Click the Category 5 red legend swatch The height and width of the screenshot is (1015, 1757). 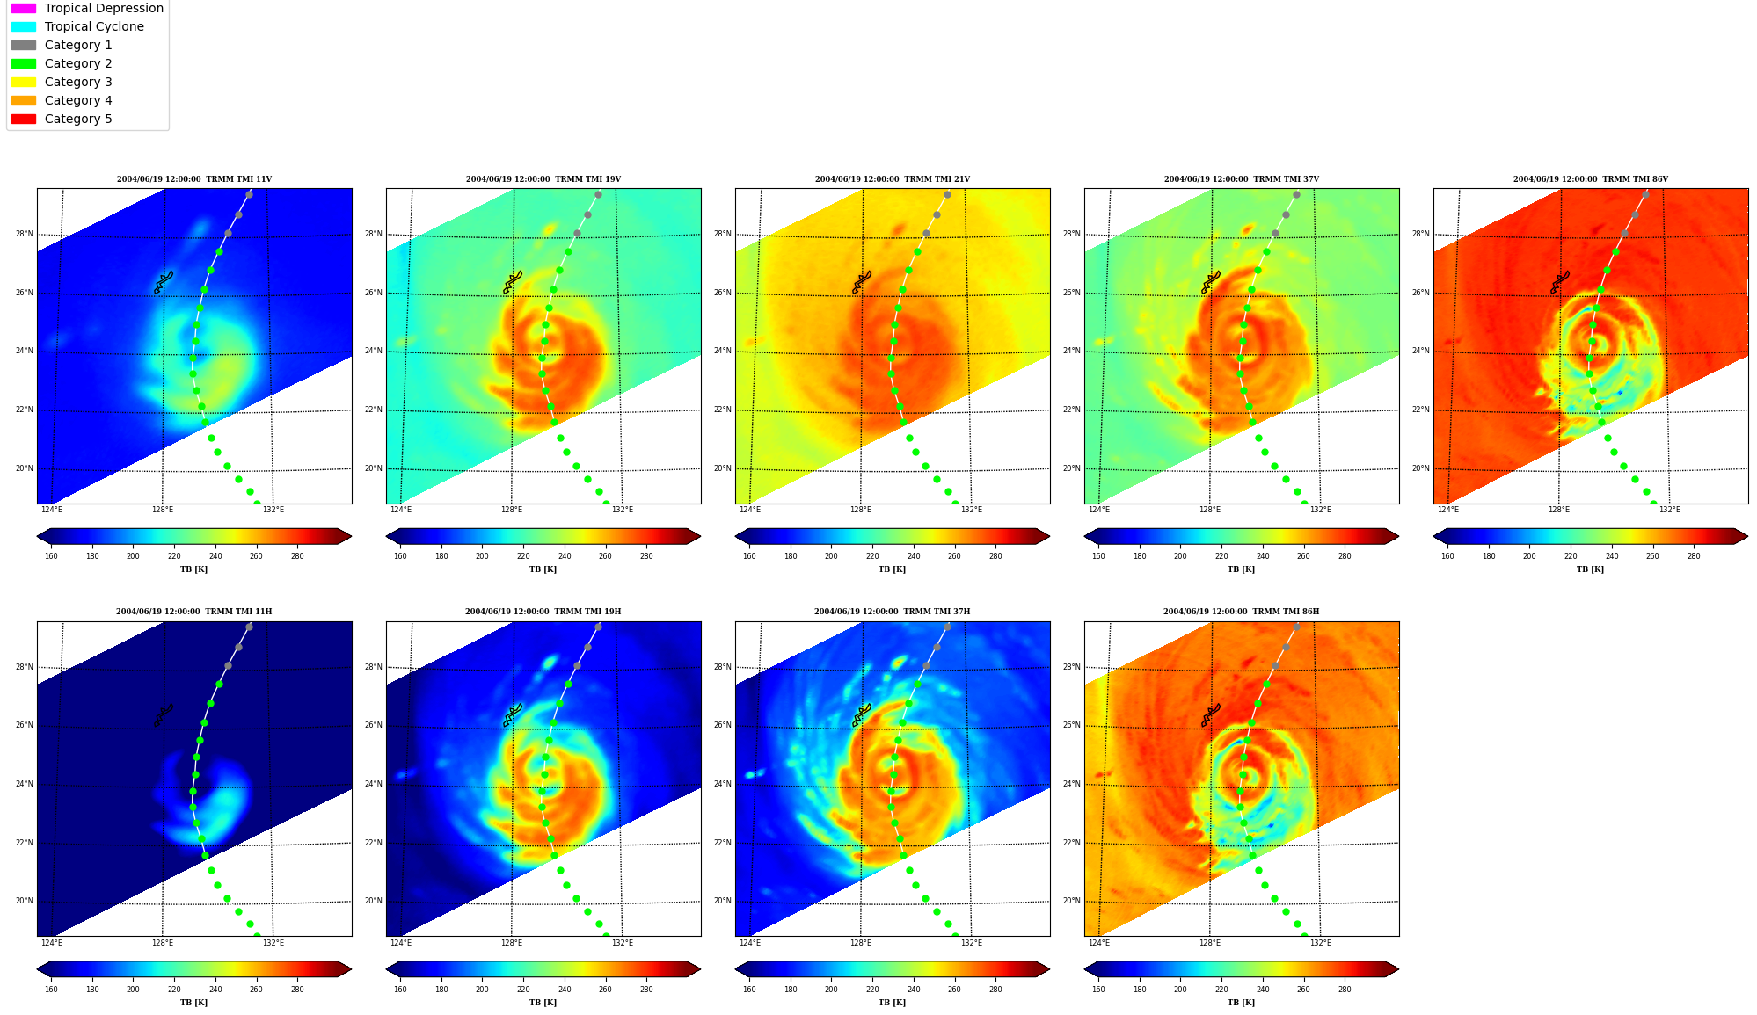(24, 119)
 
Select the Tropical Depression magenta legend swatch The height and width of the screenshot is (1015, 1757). (24, 8)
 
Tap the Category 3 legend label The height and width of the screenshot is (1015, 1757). (78, 82)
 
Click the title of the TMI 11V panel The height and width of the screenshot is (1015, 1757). (194, 179)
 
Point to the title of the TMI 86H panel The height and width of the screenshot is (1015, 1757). (1241, 612)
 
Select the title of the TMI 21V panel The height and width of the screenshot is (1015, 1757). (892, 179)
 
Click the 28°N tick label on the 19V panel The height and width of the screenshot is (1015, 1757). (374, 234)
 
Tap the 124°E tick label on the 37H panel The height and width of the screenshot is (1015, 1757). (750, 943)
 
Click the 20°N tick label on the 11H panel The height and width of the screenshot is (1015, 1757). (25, 901)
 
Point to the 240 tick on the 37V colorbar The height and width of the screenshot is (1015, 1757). (1263, 555)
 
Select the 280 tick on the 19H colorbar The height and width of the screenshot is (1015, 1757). (646, 989)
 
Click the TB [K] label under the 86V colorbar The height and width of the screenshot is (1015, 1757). (1590, 569)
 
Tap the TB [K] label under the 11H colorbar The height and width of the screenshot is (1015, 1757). (193, 1003)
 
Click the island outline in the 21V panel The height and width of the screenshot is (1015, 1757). (861, 282)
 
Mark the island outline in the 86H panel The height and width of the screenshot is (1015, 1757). (1210, 715)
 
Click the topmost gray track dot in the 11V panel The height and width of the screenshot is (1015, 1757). (249, 194)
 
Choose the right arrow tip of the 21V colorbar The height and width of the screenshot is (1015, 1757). (1050, 536)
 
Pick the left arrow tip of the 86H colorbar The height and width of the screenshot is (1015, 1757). (1084, 969)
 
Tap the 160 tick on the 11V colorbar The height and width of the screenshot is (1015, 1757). (51, 555)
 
